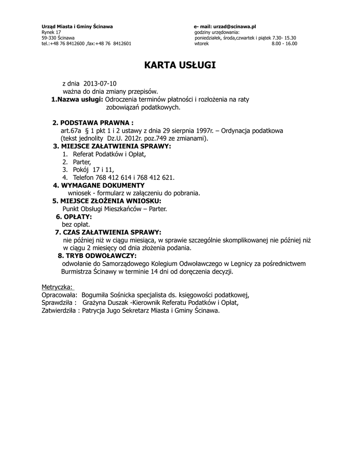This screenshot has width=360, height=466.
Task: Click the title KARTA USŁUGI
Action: pos(180,66)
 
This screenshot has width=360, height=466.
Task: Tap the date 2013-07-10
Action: pos(100,84)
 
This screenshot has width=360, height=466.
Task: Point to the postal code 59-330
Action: pos(47,38)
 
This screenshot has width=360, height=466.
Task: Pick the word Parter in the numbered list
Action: pos(82,162)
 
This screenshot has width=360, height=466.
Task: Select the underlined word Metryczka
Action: pos(58,287)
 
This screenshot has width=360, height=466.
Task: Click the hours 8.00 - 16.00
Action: pos(284,44)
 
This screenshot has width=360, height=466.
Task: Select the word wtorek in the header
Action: pos(201,44)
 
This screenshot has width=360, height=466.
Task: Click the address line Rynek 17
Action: pos(51,32)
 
